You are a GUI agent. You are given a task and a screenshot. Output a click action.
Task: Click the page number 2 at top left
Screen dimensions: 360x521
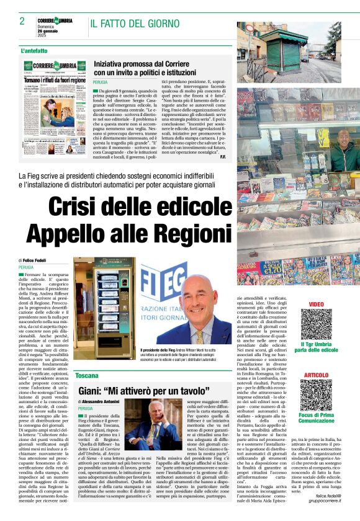point(22,21)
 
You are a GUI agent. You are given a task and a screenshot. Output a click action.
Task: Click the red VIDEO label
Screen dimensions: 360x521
point(316,304)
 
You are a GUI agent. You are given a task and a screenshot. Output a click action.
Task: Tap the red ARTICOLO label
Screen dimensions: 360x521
point(317,375)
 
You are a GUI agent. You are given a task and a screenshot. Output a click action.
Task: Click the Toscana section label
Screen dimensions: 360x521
point(87,376)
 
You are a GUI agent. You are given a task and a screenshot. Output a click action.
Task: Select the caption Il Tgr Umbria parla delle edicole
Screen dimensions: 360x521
point(316,346)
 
